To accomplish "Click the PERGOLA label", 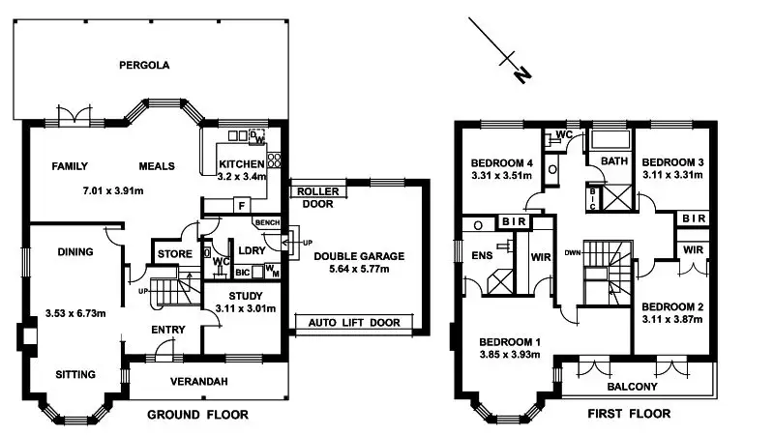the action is (x=144, y=66).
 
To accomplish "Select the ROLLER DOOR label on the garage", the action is (x=317, y=197).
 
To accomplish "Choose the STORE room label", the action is (x=174, y=255).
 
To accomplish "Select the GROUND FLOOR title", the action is (x=197, y=415).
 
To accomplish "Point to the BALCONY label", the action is (x=633, y=387).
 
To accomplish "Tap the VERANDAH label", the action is (x=200, y=382).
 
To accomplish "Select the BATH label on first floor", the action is (x=615, y=160).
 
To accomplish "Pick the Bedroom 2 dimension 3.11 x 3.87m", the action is (x=672, y=317).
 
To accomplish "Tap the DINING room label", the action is (x=74, y=252).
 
